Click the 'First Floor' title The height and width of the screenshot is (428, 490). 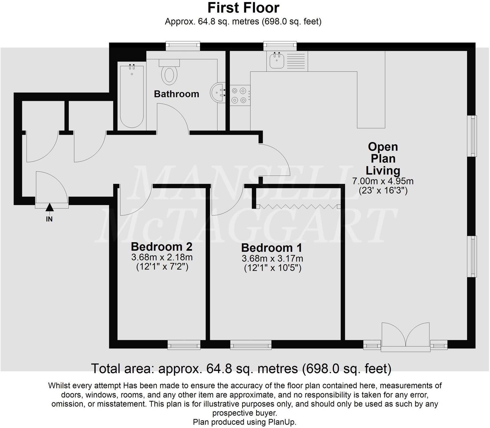243,8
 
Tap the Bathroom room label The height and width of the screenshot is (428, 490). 176,94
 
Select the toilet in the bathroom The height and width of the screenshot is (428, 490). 169,73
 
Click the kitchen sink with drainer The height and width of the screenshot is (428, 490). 287,61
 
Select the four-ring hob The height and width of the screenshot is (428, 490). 240,95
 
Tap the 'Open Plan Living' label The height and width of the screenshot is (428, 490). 383,159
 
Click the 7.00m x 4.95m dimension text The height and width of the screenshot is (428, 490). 383,181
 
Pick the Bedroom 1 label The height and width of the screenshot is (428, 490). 271,248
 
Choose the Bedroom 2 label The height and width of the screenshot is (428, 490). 162,247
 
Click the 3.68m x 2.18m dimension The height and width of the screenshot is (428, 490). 162,257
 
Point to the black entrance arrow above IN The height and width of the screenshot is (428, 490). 49,207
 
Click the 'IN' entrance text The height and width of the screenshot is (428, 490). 49,219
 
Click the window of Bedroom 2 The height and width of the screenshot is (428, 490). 184,346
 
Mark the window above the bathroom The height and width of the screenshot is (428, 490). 183,46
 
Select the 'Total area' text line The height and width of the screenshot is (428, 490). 241,369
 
